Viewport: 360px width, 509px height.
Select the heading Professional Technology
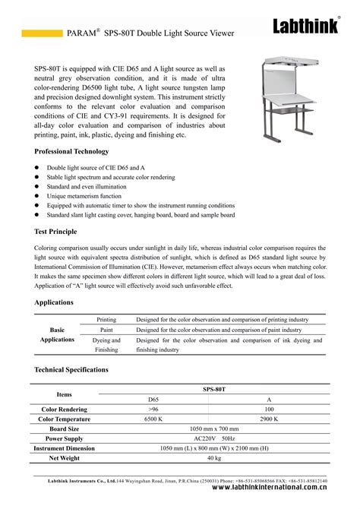(71, 151)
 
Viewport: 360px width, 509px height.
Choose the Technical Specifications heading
(71, 369)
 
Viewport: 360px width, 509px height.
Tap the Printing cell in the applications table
(106, 320)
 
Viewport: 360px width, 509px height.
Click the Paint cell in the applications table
(106, 330)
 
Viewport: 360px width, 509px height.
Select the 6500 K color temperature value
(153, 419)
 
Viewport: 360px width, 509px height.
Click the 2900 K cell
(269, 419)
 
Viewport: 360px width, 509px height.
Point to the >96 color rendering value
(153, 409)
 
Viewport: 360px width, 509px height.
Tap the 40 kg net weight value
(214, 458)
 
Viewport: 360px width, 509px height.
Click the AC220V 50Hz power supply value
(214, 438)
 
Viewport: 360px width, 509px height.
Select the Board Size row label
(65, 428)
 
